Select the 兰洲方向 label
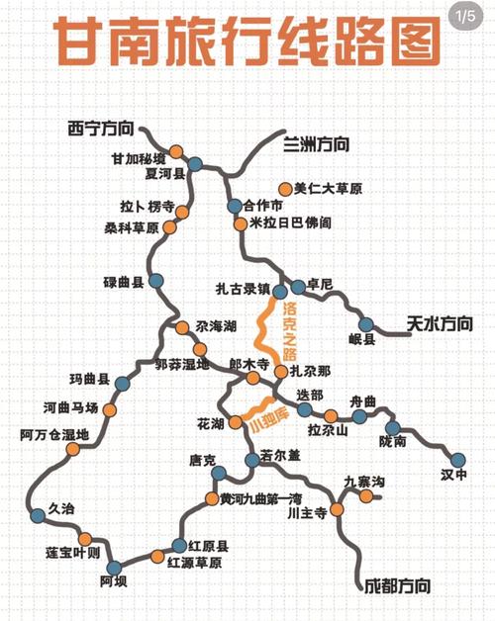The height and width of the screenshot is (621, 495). (x=316, y=144)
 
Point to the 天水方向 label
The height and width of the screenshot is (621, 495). (x=440, y=323)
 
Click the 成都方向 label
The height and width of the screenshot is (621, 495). (x=396, y=585)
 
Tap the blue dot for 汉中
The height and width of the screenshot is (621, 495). (x=457, y=460)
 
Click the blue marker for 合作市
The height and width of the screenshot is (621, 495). (x=235, y=207)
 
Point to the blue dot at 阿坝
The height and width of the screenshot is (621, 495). (x=113, y=567)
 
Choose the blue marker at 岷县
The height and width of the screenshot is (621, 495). (x=366, y=324)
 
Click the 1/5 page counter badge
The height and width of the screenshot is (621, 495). (x=465, y=17)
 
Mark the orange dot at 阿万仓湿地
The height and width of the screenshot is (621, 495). (x=71, y=449)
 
